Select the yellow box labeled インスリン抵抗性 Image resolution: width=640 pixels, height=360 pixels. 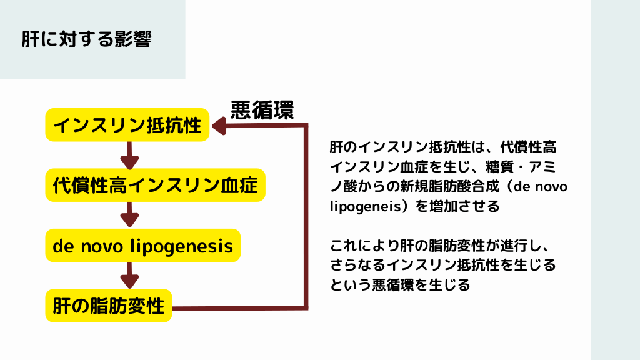point(127,125)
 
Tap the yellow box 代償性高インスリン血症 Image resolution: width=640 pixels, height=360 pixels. point(156,185)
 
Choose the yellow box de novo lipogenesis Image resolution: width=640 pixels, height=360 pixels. point(143,246)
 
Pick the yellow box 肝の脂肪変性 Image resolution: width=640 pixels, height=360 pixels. point(109,306)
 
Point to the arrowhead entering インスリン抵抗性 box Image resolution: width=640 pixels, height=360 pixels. point(219,126)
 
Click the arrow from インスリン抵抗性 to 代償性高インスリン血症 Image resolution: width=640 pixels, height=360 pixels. point(129,155)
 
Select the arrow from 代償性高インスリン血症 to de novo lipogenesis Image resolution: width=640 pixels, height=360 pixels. point(129,215)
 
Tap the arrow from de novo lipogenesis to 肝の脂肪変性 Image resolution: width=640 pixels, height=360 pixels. point(129,275)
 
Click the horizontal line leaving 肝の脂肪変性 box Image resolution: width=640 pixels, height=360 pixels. point(237,307)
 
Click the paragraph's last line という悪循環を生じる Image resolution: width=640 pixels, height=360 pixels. point(400,286)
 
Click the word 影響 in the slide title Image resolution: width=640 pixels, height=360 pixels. point(133,39)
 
